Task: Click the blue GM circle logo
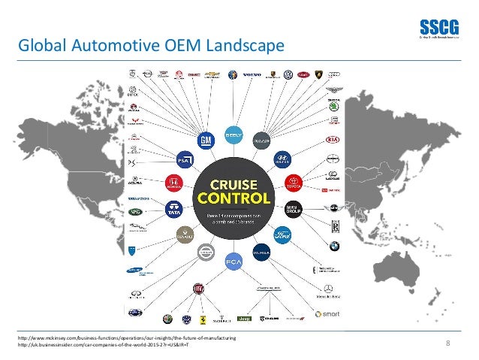(x=205, y=141)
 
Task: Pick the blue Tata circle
(x=174, y=209)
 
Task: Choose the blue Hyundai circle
(x=282, y=159)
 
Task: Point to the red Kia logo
(x=332, y=141)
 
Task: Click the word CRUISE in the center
(x=233, y=184)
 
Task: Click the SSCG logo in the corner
(x=433, y=26)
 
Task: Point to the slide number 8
(x=447, y=343)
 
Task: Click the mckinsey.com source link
(x=128, y=339)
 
